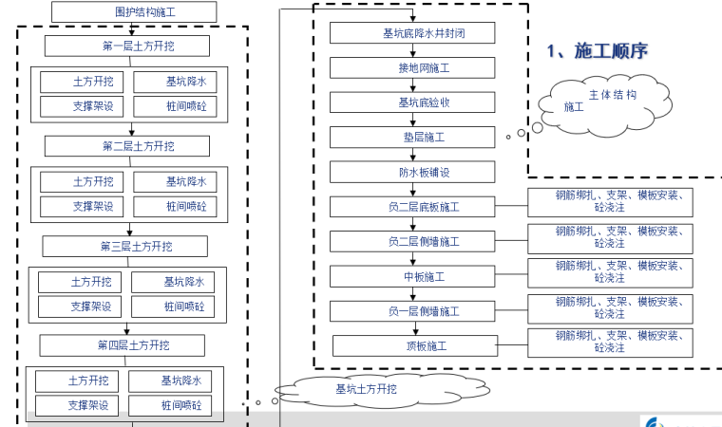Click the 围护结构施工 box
click(x=133, y=12)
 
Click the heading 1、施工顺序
click(x=597, y=51)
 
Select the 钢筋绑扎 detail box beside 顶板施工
click(x=610, y=343)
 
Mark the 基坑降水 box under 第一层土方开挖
click(x=185, y=82)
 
